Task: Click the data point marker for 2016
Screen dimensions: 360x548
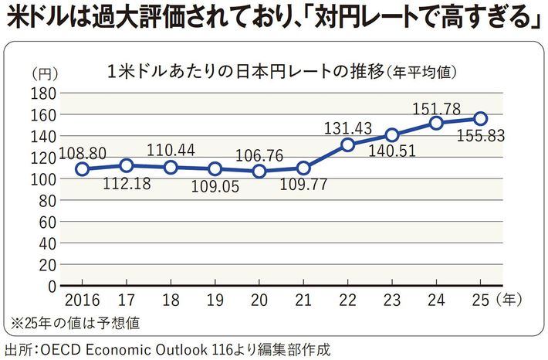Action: point(82,168)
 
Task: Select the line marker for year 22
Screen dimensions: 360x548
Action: point(347,144)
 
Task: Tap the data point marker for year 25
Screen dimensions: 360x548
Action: point(480,118)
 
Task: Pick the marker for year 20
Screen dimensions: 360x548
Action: point(259,171)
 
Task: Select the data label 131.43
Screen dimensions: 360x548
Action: point(347,127)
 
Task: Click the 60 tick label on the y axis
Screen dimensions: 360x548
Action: point(46,222)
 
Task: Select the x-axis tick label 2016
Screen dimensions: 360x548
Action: point(82,299)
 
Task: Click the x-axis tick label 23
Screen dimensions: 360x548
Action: point(391,299)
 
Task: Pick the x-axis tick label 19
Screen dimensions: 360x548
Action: point(215,299)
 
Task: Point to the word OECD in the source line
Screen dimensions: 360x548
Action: point(67,349)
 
